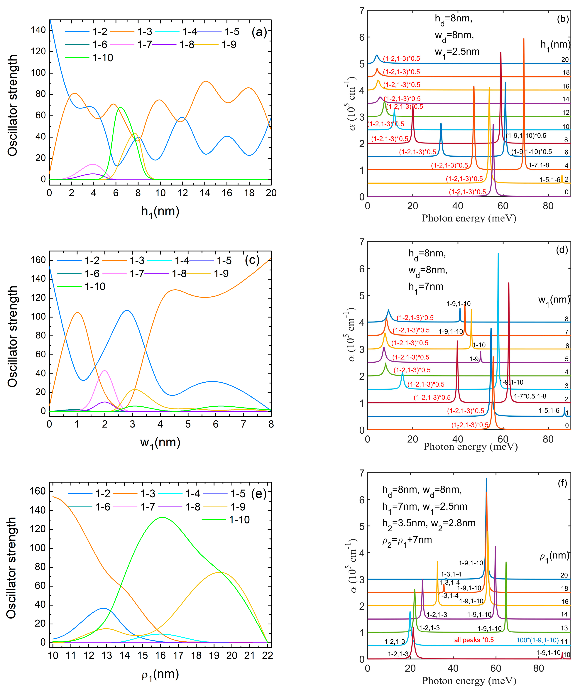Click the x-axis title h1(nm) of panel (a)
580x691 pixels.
tap(160, 211)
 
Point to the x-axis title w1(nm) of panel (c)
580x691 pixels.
tap(160, 442)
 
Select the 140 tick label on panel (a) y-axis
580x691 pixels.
tap(38, 30)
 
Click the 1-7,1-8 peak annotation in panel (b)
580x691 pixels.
tap(539, 165)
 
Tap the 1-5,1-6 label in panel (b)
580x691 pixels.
tap(550, 180)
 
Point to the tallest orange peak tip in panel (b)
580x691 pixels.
tap(524, 39)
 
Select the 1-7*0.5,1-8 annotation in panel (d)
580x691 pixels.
tap(530, 396)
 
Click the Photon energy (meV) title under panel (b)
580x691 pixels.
tap(469, 218)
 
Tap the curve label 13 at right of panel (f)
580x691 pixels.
tap(564, 628)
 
